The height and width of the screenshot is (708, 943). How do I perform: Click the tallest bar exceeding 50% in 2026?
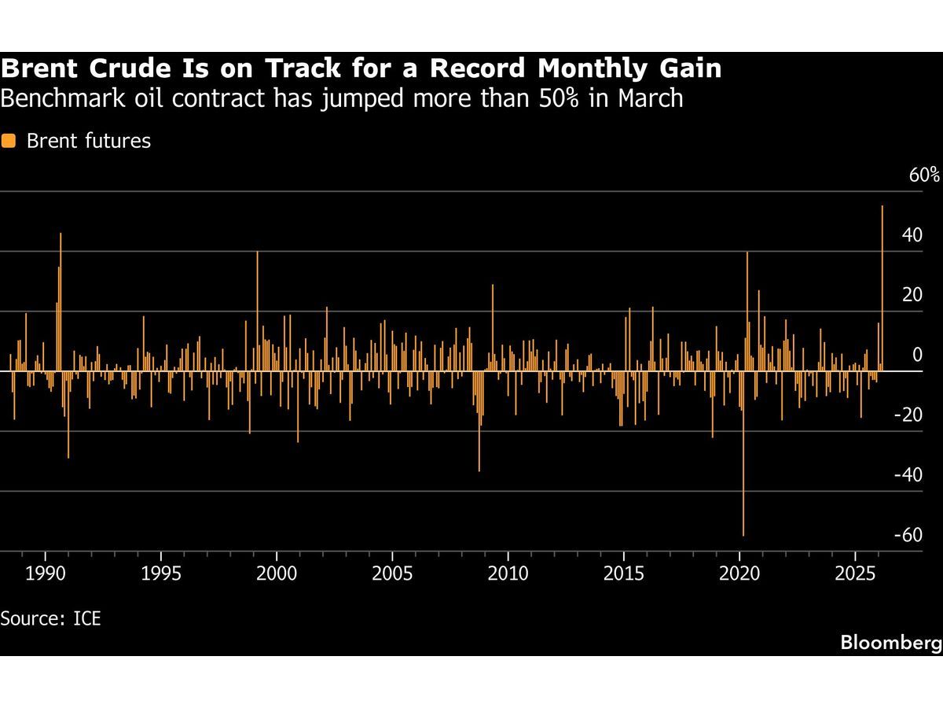[x=882, y=287]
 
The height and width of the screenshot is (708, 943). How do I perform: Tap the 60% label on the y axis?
[x=924, y=175]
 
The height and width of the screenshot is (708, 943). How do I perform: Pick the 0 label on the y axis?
[x=916, y=356]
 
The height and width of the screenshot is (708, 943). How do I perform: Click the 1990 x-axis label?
[x=46, y=573]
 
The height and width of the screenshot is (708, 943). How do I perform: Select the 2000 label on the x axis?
[x=277, y=573]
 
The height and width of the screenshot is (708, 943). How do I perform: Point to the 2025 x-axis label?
[x=855, y=573]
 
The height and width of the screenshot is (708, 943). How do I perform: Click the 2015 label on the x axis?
[x=624, y=573]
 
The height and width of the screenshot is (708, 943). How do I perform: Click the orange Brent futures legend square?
[x=9, y=142]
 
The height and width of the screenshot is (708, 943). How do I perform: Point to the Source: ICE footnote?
[x=50, y=618]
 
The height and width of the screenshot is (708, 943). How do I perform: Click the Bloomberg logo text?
[x=890, y=642]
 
